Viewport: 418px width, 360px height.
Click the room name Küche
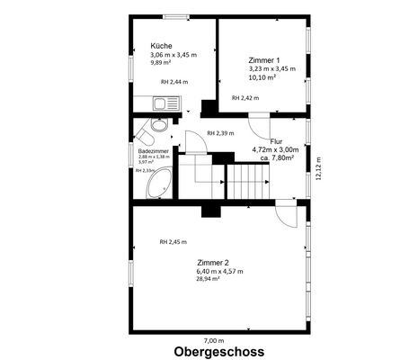(x=162, y=45)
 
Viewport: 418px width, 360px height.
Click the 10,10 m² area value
(x=262, y=76)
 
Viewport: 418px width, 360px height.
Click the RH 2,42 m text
(x=245, y=97)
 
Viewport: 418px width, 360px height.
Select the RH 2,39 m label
(x=219, y=133)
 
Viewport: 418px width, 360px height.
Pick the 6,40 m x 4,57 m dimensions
(x=220, y=271)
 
